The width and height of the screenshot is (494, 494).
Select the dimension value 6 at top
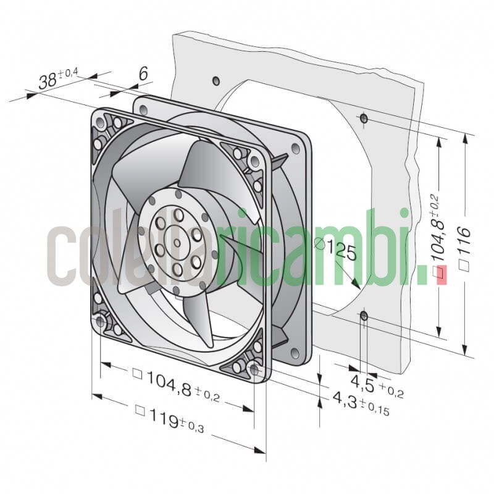pyautogui.click(x=143, y=73)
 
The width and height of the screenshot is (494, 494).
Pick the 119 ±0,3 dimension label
pyautogui.click(x=170, y=415)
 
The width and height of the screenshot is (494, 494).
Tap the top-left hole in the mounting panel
pyautogui.click(x=216, y=81)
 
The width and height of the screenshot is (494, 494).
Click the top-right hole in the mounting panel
pyautogui.click(x=364, y=117)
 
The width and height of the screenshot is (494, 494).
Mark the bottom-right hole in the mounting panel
pyautogui.click(x=364, y=317)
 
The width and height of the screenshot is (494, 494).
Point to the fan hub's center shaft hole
pyautogui.click(x=177, y=243)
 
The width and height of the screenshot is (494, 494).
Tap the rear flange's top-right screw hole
pyautogui.click(x=295, y=148)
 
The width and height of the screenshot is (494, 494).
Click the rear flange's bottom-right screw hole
pyautogui.click(x=295, y=353)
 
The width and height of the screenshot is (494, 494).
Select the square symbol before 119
pyautogui.click(x=140, y=409)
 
